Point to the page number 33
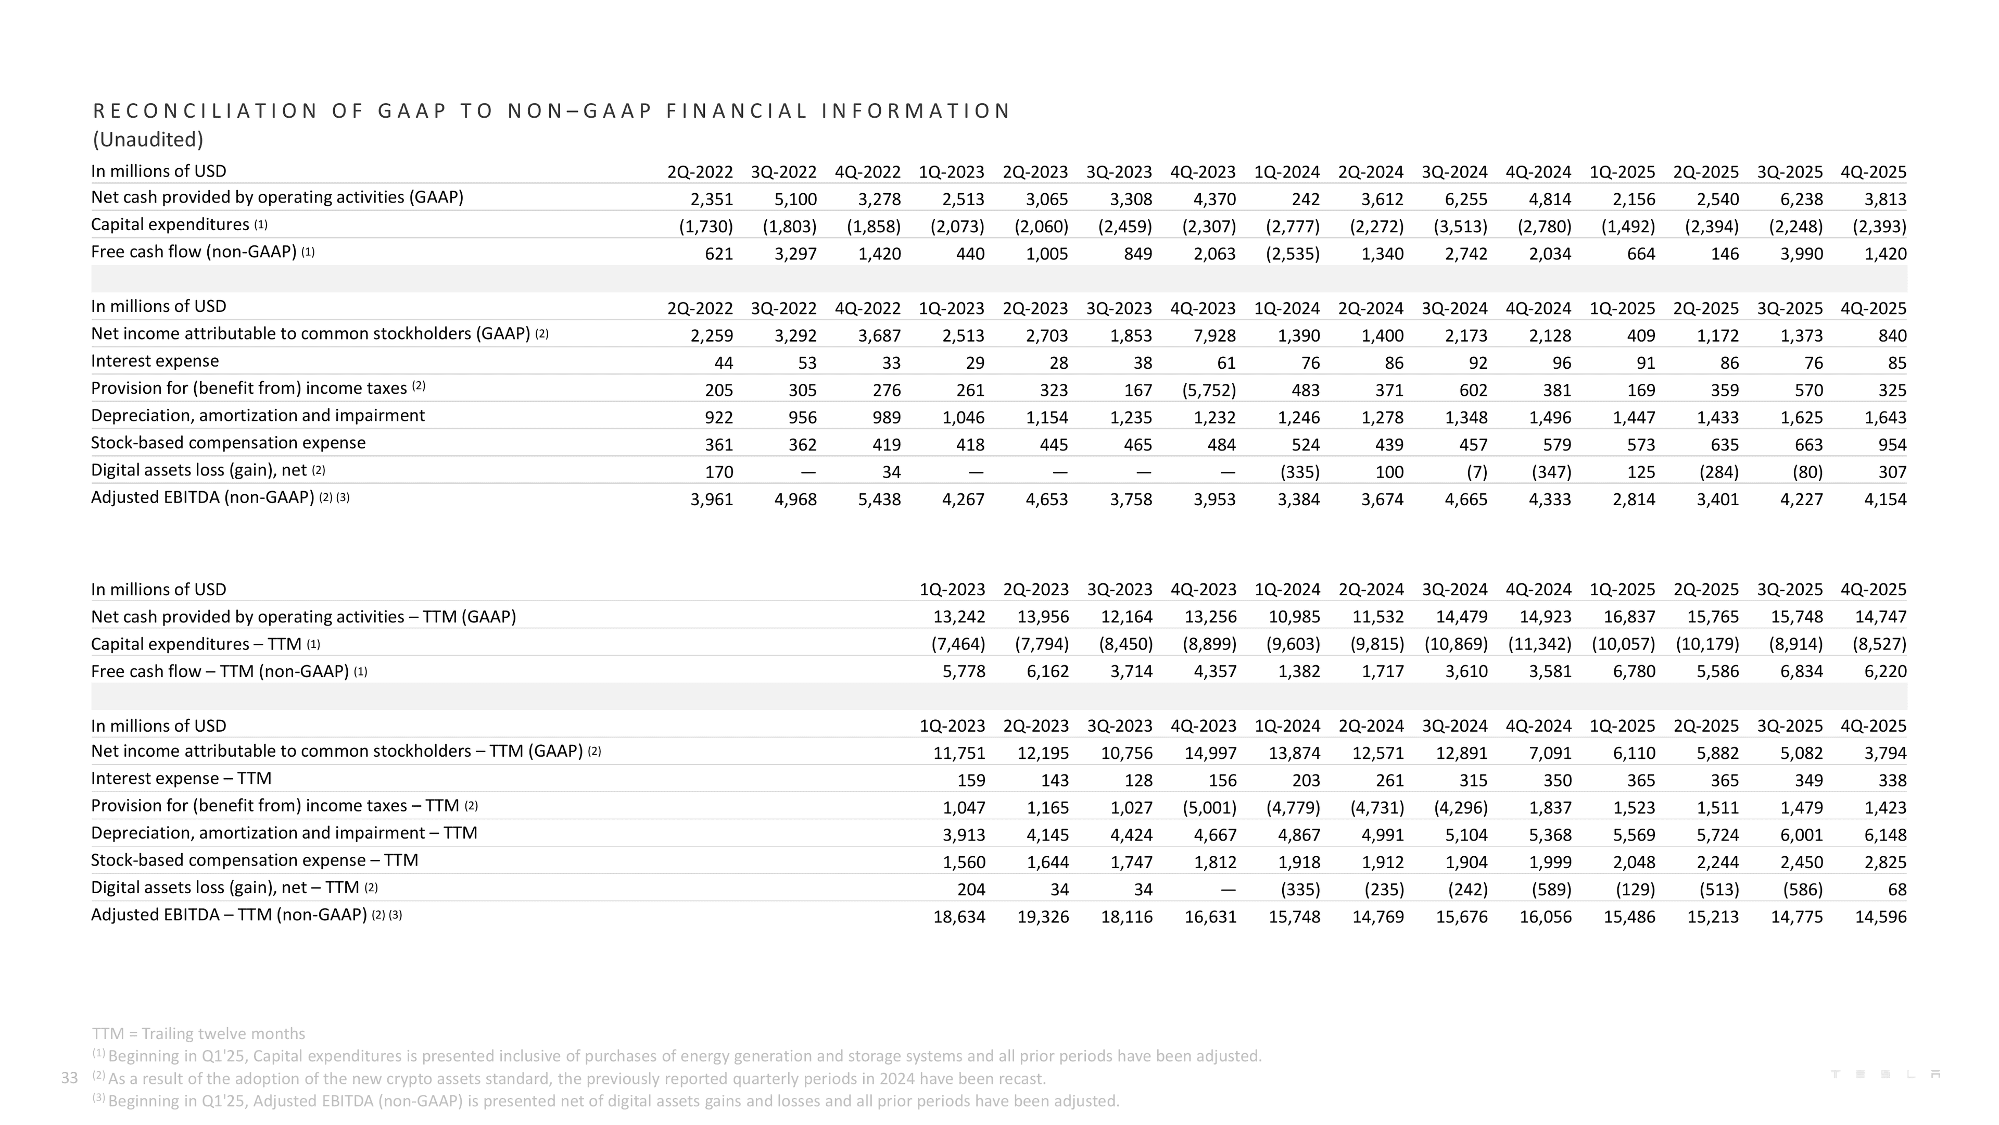[69, 1078]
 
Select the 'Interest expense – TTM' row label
[181, 779]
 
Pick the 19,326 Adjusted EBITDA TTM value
[1043, 917]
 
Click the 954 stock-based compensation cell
[1890, 445]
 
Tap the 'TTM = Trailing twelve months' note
[199, 1033]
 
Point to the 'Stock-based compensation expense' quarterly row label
[228, 443]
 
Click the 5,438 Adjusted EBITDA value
[879, 499]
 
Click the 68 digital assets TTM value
[1896, 890]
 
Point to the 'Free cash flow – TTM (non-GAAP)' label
[220, 671]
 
